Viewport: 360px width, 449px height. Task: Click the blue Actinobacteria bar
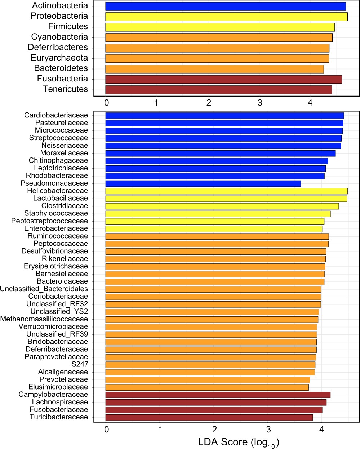tap(226, 6)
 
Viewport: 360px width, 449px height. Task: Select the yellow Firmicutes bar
tap(220, 27)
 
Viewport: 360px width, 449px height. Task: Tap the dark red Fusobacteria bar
tap(223, 79)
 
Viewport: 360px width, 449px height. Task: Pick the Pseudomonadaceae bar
tap(203, 184)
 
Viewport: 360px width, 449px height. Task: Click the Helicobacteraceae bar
tap(226, 191)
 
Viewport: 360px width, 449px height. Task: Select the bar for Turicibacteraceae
tap(209, 417)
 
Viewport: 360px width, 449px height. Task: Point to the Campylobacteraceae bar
tap(218, 395)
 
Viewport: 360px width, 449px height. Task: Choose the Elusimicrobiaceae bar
tap(207, 387)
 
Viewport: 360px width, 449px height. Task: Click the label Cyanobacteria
tap(59, 37)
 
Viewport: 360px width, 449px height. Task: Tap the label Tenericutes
tap(65, 89)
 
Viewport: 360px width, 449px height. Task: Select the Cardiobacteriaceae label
tap(56, 115)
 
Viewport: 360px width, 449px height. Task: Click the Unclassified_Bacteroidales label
tap(44, 289)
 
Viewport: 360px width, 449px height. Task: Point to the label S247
tap(80, 364)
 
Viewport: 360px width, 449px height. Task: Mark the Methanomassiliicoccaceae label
tap(44, 319)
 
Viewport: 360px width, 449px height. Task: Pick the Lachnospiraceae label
tap(60, 402)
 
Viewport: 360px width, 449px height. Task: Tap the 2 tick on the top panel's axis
tap(209, 103)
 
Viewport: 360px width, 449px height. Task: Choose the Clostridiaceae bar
tap(222, 206)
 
